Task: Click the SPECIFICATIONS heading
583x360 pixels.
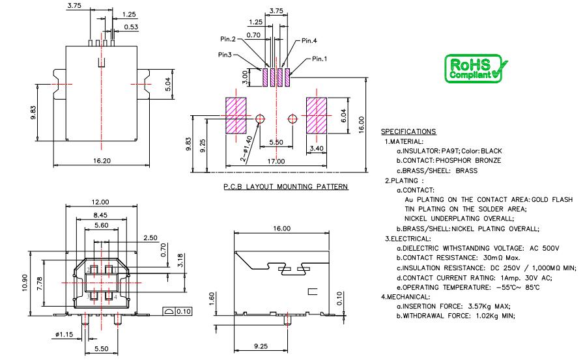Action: pos(408,132)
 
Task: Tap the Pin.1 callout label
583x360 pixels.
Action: pos(319,59)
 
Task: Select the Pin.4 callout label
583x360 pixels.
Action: pos(310,40)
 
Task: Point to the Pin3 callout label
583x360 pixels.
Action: pos(225,55)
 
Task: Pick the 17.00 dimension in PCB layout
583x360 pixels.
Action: pos(276,161)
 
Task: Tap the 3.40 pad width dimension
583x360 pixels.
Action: pos(317,148)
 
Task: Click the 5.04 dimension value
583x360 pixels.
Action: pos(168,84)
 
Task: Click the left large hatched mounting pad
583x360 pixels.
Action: pos(235,116)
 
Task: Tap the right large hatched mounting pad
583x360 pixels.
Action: pos(317,116)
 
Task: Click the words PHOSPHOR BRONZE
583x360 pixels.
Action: pos(472,161)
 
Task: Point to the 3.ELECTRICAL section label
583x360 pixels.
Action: pos(406,239)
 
